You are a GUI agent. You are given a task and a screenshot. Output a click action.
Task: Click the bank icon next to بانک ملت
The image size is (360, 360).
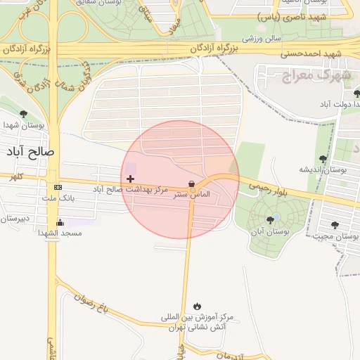pos(58,187)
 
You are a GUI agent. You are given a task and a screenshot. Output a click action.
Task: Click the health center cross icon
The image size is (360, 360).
pos(130,179)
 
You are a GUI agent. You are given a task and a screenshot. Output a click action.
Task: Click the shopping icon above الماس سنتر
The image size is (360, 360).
pos(192,184)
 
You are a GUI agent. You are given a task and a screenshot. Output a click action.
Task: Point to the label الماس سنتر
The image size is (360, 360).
pos(192,194)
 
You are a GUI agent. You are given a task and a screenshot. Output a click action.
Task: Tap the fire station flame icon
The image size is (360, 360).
pos(197,306)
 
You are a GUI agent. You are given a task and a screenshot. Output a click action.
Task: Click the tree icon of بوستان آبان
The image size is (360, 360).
pos(270,220)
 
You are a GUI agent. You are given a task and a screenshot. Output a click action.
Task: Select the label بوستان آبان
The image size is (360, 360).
pos(271,231)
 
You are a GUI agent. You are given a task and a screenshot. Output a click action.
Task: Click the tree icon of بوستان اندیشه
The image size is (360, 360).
pos(323,159)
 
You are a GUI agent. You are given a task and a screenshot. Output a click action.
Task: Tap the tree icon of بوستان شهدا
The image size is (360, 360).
pos(23,114)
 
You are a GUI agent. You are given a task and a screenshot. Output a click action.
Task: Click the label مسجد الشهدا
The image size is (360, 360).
pos(60,233)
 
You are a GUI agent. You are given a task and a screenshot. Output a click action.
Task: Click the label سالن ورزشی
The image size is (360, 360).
pos(262,38)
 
